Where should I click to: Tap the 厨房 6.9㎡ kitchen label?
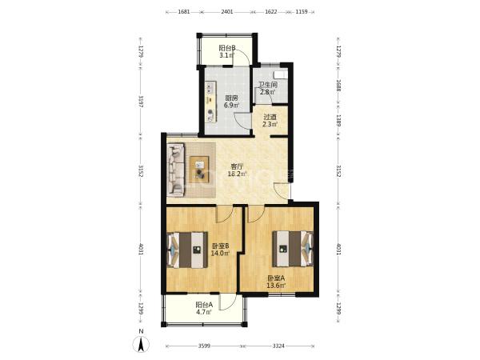click(231, 102)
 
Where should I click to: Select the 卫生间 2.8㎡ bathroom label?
click(268, 89)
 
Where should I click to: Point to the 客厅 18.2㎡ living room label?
click(237, 170)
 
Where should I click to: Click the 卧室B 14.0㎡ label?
click(221, 250)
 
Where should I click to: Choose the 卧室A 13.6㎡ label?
click(276, 282)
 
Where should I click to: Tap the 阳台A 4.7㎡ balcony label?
click(204, 309)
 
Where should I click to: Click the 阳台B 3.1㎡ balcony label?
click(227, 52)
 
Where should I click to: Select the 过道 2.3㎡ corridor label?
click(270, 121)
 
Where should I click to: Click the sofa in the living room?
click(176, 170)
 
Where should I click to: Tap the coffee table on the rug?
click(199, 170)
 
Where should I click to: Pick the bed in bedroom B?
click(187, 250)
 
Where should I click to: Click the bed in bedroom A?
click(293, 249)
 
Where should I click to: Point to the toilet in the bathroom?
click(281, 74)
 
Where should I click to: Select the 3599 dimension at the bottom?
click(204, 346)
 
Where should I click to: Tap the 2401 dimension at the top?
click(227, 12)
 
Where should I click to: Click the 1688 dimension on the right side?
click(338, 86)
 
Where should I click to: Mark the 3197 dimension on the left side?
click(141, 102)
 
